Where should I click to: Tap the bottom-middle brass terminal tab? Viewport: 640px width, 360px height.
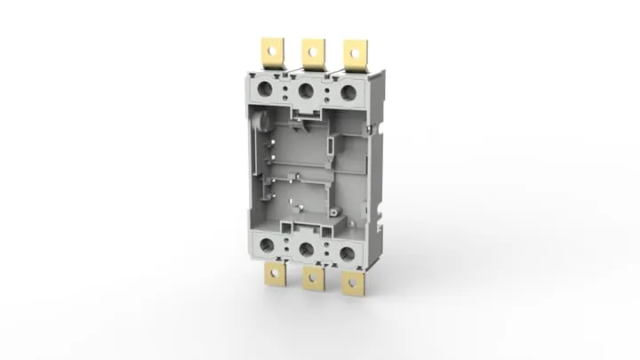pyautogui.click(x=313, y=278)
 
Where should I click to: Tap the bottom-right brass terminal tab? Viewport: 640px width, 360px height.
pyautogui.click(x=354, y=283)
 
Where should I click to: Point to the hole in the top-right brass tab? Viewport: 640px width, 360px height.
pyautogui.click(x=356, y=52)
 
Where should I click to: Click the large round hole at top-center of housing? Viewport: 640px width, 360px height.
pyautogui.click(x=307, y=90)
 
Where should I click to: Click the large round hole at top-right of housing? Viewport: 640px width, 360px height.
pyautogui.click(x=348, y=92)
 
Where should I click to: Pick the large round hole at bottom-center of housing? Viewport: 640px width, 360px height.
pyautogui.click(x=307, y=251)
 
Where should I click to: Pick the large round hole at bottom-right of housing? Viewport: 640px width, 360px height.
pyautogui.click(x=347, y=254)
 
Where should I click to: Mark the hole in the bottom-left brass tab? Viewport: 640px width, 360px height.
pyautogui.click(x=276, y=275)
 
